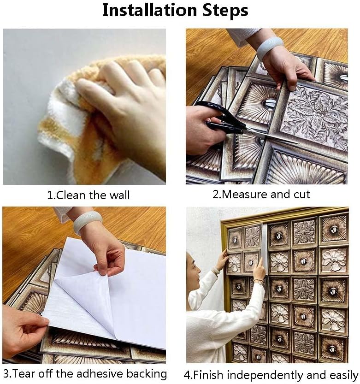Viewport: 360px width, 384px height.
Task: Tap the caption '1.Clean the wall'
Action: (89, 195)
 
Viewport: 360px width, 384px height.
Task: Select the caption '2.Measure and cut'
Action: (261, 194)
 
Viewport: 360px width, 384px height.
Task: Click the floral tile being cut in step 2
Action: (313, 115)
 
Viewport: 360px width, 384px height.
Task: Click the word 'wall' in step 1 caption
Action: (119, 195)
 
